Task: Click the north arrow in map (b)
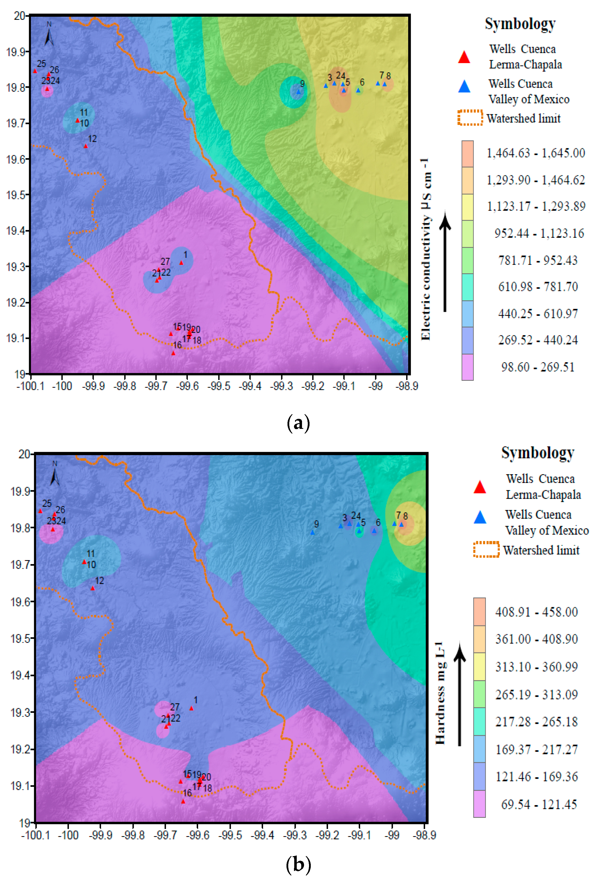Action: point(55,475)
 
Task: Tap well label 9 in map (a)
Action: point(302,84)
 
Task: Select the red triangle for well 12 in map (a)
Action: point(86,146)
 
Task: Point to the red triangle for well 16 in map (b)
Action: point(183,801)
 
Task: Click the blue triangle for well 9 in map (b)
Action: point(312,533)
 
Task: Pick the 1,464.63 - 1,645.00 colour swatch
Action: point(467,154)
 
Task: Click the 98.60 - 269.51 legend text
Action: point(537,367)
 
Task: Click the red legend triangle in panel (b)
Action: point(480,487)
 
